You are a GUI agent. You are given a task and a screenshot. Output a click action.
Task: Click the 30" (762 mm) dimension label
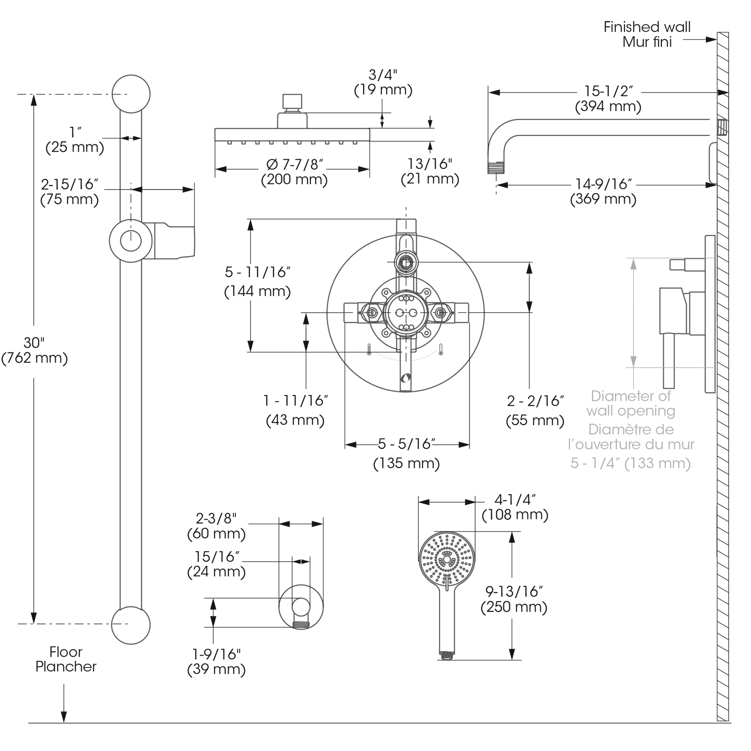click(34, 350)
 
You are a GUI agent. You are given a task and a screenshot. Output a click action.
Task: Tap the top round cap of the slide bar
click(131, 93)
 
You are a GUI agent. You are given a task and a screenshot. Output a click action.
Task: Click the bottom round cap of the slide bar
click(131, 625)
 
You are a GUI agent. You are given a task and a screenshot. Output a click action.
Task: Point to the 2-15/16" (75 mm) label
click(69, 192)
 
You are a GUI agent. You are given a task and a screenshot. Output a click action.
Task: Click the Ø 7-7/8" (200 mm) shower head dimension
click(294, 172)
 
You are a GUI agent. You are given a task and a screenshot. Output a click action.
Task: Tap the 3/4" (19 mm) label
click(383, 82)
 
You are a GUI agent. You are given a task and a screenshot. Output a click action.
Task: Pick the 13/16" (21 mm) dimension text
click(430, 171)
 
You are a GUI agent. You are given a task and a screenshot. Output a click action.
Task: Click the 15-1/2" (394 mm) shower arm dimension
click(608, 98)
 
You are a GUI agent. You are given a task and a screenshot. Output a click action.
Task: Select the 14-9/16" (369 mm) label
click(603, 191)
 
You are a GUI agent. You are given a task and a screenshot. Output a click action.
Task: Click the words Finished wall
click(647, 27)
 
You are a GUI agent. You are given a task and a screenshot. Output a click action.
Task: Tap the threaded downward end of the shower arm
click(496, 168)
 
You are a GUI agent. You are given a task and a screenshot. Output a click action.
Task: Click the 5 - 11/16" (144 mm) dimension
click(257, 281)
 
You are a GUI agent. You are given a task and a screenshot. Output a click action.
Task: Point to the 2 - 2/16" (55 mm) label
click(535, 410)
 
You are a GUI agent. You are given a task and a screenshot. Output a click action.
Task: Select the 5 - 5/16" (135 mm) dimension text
click(406, 453)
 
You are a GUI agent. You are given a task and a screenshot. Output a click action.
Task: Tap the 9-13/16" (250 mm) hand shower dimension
click(514, 599)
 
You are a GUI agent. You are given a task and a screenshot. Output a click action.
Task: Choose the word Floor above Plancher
click(66, 651)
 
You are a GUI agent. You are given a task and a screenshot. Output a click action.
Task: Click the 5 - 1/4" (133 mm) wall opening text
click(630, 463)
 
